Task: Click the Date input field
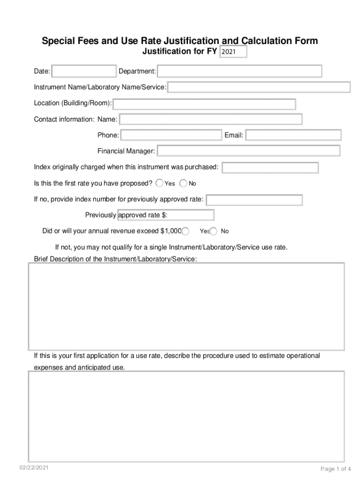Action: (84, 71)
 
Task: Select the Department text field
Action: (239, 71)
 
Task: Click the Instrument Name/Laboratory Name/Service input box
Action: (259, 87)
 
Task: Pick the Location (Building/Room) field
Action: (204, 104)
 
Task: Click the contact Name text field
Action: (211, 119)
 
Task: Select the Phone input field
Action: (171, 135)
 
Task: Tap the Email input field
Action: (294, 135)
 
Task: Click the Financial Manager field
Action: (248, 151)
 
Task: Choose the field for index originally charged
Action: (270, 167)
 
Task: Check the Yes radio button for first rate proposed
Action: (159, 183)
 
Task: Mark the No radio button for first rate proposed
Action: (184, 183)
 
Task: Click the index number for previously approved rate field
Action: (254, 200)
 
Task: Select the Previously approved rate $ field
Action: (166, 215)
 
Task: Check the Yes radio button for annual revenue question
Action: (186, 231)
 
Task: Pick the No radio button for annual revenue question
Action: (214, 231)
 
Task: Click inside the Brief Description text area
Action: (187, 306)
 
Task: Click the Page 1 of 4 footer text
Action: (336, 469)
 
